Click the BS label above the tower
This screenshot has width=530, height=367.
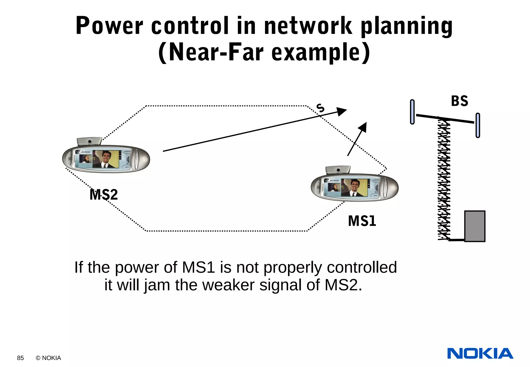[459, 101]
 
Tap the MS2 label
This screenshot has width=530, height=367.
[104, 195]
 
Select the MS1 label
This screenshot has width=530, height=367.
[362, 221]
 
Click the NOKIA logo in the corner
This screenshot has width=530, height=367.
[480, 354]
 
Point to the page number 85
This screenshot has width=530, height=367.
[20, 358]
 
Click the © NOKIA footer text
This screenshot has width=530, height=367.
[48, 358]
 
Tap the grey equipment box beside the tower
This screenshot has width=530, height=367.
[475, 226]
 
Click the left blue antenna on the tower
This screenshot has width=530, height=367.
[412, 112]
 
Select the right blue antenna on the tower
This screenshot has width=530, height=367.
[478, 125]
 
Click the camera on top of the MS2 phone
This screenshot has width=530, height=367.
[89, 141]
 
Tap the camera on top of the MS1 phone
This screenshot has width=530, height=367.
[338, 170]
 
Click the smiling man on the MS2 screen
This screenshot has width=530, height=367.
[105, 158]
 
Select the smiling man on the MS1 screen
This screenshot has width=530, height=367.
[354, 187]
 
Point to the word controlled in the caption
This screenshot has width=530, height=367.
[362, 267]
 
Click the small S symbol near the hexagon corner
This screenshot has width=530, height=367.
[320, 108]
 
